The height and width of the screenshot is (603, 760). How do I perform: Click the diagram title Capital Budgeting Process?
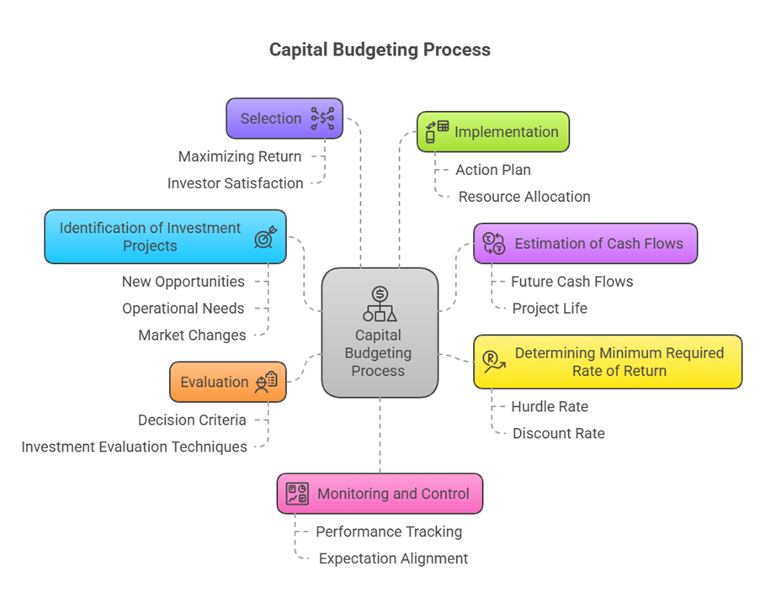(x=380, y=50)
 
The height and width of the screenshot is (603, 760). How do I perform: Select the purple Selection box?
(x=284, y=119)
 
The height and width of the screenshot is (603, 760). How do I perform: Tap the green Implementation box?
(x=493, y=132)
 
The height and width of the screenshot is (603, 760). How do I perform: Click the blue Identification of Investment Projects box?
(x=165, y=236)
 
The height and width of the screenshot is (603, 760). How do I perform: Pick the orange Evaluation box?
(x=227, y=382)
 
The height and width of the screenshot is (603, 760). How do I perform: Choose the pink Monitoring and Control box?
(x=380, y=494)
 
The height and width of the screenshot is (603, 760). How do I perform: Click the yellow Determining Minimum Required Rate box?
(x=607, y=362)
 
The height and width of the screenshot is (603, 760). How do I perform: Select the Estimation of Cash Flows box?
(x=585, y=244)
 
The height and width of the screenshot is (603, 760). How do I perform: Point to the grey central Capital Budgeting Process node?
(x=380, y=333)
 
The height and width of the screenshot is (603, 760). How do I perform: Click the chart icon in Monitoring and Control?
(x=297, y=494)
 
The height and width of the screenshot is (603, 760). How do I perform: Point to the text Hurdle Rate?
(x=550, y=407)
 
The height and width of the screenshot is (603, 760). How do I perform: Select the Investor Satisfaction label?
(x=235, y=183)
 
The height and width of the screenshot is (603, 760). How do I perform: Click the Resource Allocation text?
(x=524, y=197)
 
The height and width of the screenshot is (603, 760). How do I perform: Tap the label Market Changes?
(x=192, y=336)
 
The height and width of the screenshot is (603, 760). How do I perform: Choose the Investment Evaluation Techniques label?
(x=134, y=447)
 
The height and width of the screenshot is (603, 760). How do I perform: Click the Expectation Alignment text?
(x=393, y=558)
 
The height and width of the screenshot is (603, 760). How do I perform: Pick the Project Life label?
(x=550, y=309)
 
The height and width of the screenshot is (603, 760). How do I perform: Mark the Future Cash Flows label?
(x=571, y=282)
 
